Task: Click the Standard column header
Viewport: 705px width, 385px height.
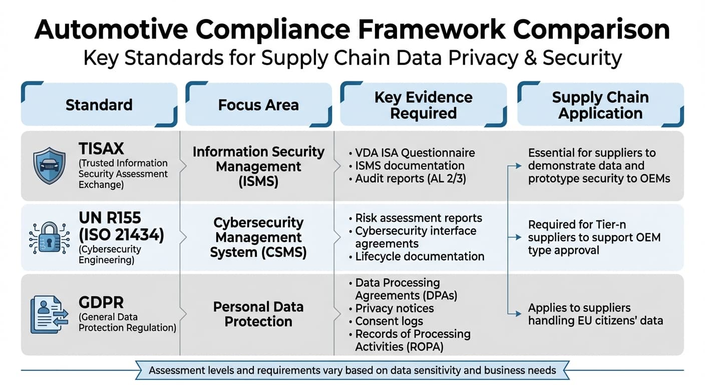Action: [x=99, y=105]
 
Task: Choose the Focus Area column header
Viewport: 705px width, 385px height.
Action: [x=258, y=105]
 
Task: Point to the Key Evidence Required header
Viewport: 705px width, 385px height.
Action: [x=423, y=105]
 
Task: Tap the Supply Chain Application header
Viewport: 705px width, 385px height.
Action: [x=600, y=105]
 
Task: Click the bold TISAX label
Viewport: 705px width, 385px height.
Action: [x=101, y=148]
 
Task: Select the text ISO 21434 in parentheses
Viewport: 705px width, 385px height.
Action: [x=121, y=235]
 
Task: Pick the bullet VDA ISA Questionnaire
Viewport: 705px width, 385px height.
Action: [x=415, y=152]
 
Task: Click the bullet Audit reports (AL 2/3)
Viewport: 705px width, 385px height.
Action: [x=410, y=178]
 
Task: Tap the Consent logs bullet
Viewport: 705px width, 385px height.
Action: [x=389, y=321]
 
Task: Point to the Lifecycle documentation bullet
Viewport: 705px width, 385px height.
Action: [x=419, y=256]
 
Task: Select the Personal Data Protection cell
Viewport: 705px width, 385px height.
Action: [x=258, y=314]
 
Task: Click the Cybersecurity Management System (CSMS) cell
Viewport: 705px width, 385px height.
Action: [x=258, y=237]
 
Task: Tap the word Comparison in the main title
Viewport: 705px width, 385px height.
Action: [x=591, y=30]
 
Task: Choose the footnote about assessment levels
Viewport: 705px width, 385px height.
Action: [x=352, y=371]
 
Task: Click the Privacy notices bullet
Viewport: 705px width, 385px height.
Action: [x=394, y=308]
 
